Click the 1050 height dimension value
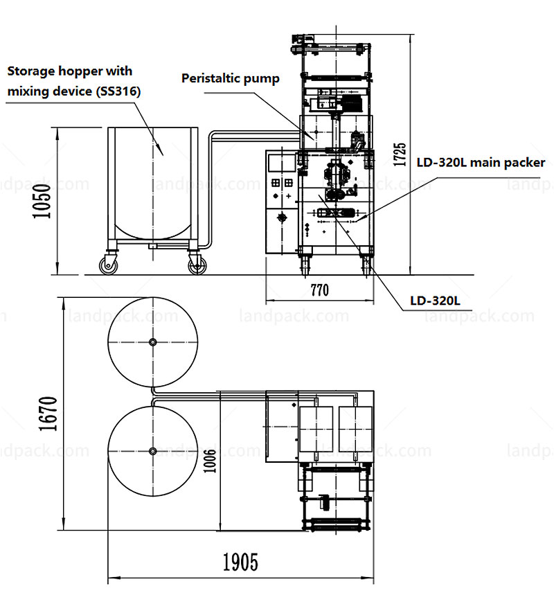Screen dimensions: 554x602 click(x=42, y=201)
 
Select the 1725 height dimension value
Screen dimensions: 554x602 click(x=400, y=154)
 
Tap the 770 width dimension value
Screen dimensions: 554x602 click(x=320, y=290)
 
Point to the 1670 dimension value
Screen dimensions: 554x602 click(x=48, y=414)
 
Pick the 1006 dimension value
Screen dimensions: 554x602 click(x=210, y=461)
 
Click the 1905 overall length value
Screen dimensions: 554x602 click(x=241, y=563)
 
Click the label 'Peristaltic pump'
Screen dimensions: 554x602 click(x=231, y=79)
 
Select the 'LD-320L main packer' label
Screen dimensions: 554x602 click(x=481, y=163)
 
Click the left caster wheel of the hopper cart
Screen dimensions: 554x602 click(x=109, y=265)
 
